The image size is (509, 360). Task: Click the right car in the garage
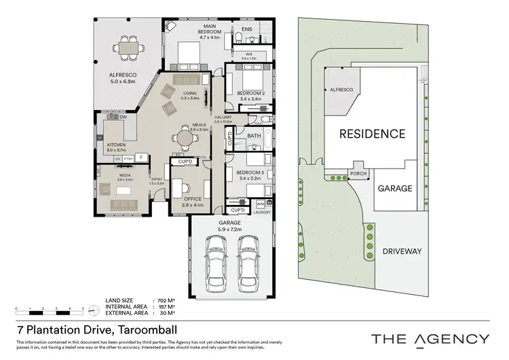[248, 262]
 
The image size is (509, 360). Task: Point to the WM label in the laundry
[261, 204]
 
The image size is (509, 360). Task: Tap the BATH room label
[254, 136]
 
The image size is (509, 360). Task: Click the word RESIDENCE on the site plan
[372, 134]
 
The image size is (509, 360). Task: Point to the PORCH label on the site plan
[358, 173]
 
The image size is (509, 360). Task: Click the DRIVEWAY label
[400, 251]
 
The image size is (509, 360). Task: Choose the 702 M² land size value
[166, 300]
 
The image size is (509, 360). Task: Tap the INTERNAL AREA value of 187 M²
[166, 306]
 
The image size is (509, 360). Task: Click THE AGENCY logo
[429, 338]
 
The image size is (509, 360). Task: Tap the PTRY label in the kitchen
[128, 158]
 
